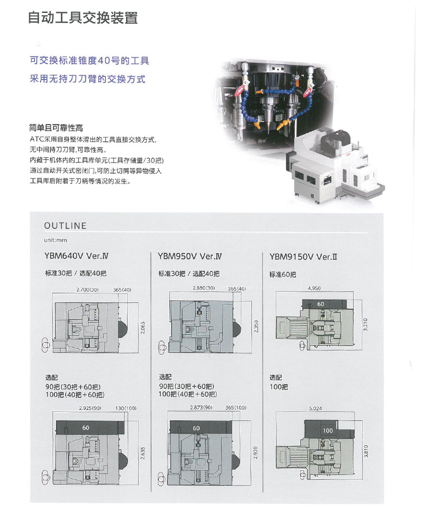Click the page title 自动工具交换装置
(x=83, y=18)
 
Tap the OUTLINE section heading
(x=65, y=226)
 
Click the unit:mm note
(x=55, y=240)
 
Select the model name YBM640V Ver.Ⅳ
(x=76, y=256)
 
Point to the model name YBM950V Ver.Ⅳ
(x=190, y=256)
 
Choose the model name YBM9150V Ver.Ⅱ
(x=303, y=257)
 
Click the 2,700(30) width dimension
(x=87, y=290)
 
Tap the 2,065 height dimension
(x=143, y=327)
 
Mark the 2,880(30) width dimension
(x=204, y=288)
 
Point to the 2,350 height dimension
(x=256, y=326)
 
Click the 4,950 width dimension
(x=314, y=288)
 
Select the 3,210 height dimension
(x=366, y=325)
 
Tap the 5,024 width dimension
(x=315, y=408)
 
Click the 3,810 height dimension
(x=366, y=451)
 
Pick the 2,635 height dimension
(x=143, y=453)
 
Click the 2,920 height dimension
(x=256, y=453)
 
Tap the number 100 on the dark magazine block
(x=328, y=430)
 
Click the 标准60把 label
(x=283, y=275)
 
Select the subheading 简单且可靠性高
(x=56, y=128)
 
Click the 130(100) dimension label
(x=126, y=408)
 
